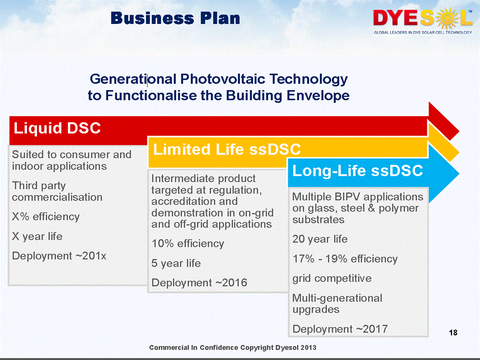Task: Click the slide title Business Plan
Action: tap(175, 18)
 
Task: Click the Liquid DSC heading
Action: tap(56, 128)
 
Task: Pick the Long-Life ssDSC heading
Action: tap(357, 171)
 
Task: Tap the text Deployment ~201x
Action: tap(59, 256)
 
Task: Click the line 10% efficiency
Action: tap(187, 243)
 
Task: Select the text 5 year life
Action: tap(176, 263)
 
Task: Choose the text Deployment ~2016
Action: tap(199, 283)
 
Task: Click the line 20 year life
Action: tap(319, 239)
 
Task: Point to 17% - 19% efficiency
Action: tap(344, 259)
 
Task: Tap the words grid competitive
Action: tap(332, 278)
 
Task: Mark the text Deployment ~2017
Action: tap(339, 329)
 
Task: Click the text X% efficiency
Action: tap(45, 216)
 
